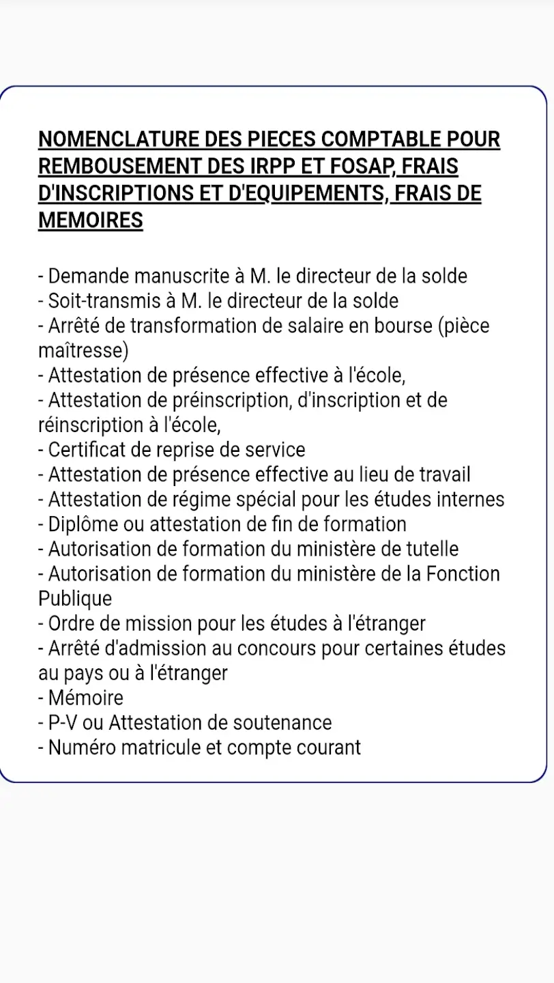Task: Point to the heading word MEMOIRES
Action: click(90, 220)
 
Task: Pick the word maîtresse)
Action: click(83, 350)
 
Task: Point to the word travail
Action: click(443, 474)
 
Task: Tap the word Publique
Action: click(75, 599)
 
